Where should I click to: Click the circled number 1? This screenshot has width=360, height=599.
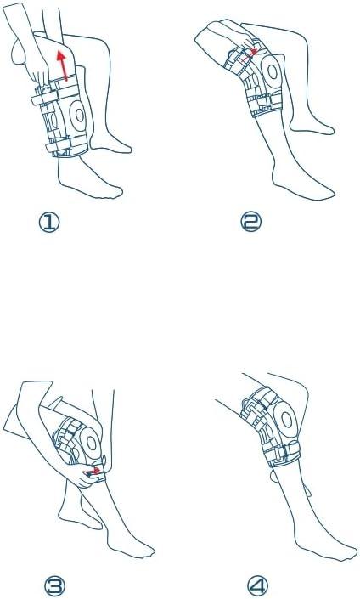pos(49,223)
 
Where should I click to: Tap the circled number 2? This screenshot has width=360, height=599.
pos(250,222)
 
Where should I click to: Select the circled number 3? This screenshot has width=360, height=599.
pos(54,585)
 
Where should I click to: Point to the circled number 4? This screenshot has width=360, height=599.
pos(257,585)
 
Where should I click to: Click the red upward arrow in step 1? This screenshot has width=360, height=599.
pos(63,65)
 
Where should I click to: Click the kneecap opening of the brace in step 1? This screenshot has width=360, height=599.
pos(79,115)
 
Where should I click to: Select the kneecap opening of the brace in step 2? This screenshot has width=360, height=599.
pos(273,71)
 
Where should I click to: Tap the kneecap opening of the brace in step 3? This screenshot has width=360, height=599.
pos(91,444)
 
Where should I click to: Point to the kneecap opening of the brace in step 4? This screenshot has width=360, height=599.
pos(287,421)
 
